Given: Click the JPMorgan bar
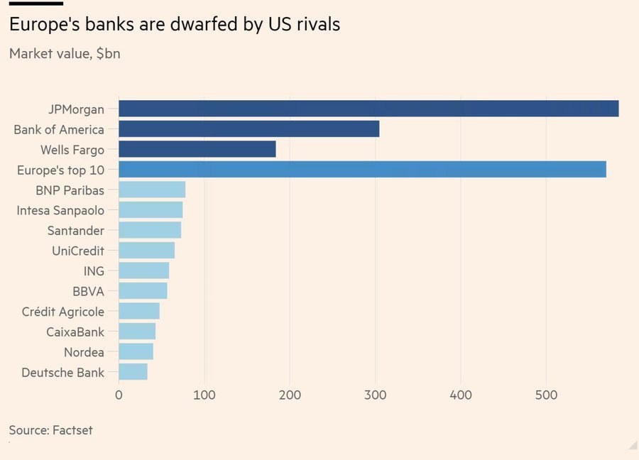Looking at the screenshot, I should [368, 109].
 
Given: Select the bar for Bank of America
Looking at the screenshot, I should [248, 129].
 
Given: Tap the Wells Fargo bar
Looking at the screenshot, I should [197, 149].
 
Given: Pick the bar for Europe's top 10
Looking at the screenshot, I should [362, 169].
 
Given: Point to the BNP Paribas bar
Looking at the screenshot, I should [152, 190].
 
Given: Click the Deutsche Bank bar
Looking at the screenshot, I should [133, 372].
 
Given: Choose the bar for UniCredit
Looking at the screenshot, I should [146, 250].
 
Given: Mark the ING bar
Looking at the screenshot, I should [143, 270].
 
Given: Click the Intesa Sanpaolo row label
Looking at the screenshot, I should [60, 210].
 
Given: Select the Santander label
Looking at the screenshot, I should [76, 231].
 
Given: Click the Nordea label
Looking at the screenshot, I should [84, 352].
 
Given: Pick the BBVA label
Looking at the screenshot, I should [88, 291].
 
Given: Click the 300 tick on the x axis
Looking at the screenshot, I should [376, 394].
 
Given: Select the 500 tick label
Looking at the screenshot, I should [546, 394].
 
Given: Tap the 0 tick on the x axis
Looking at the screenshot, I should [119, 394].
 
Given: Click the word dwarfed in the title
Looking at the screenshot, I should [202, 24].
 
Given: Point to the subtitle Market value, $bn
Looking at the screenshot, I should [65, 53].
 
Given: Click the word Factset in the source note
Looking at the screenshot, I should [72, 430].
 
